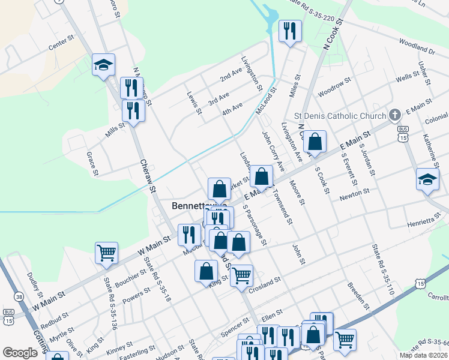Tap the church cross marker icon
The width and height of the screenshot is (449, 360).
pyautogui.click(x=394, y=115)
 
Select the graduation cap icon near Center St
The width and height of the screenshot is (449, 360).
pyautogui.click(x=104, y=65)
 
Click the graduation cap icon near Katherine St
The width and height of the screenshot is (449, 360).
pyautogui.click(x=427, y=179)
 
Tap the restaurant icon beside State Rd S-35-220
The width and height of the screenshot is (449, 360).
pyautogui.click(x=290, y=31)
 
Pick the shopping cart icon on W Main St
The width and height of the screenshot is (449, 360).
pyautogui.click(x=106, y=253)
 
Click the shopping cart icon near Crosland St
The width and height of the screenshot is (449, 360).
pyautogui.click(x=241, y=275)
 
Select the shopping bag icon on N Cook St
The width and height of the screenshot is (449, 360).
pyautogui.click(x=315, y=142)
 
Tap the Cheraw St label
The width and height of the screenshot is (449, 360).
pyautogui.click(x=148, y=175)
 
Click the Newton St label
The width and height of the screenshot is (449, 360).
pyautogui.click(x=354, y=194)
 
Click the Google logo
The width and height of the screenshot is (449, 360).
pyautogui.click(x=20, y=352)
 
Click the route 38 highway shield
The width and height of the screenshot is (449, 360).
pyautogui.click(x=20, y=296)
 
